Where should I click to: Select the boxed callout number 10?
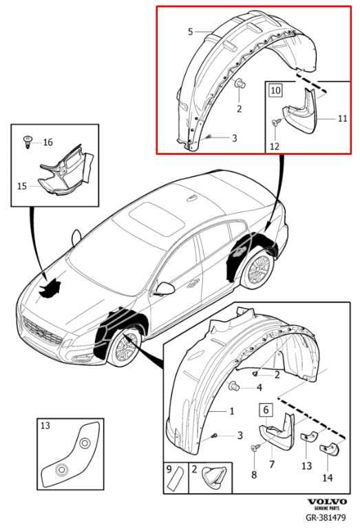pyautogui.click(x=275, y=90)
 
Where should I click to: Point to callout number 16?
pyautogui.click(x=47, y=143)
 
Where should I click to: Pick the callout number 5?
pyautogui.click(x=191, y=32)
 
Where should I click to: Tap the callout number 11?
pyautogui.click(x=342, y=118)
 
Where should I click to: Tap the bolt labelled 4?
pyautogui.click(x=235, y=386)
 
